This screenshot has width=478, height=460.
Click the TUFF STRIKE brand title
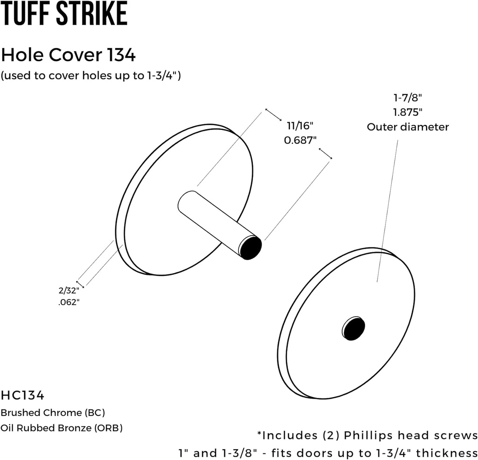(x=64, y=14)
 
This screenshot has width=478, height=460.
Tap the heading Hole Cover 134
(x=68, y=55)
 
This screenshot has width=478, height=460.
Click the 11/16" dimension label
(x=300, y=125)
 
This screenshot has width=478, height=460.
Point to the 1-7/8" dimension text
(x=408, y=98)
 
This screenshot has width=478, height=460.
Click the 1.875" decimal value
(x=408, y=112)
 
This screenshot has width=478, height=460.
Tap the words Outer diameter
(x=408, y=127)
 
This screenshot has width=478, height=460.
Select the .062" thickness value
(x=69, y=302)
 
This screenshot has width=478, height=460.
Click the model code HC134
(x=22, y=395)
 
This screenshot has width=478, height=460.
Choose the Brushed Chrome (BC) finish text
(x=53, y=413)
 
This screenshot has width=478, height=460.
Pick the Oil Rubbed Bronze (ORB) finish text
(x=61, y=427)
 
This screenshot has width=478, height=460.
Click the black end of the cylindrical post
(x=251, y=247)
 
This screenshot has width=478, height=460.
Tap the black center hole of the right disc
(x=353, y=328)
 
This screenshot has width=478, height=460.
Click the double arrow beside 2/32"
(x=80, y=284)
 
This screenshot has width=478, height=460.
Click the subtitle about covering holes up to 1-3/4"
(x=91, y=76)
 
